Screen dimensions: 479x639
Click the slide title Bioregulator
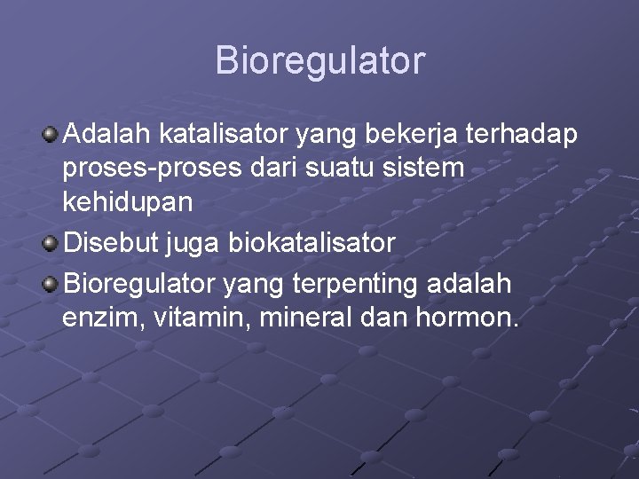(x=319, y=61)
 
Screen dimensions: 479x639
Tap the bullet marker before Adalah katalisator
(x=51, y=135)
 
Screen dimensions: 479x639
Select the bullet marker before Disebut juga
(x=51, y=243)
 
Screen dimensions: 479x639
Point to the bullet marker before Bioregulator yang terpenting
(x=51, y=283)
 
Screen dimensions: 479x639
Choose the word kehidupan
(x=126, y=200)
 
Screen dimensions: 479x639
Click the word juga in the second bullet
(x=203, y=242)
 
